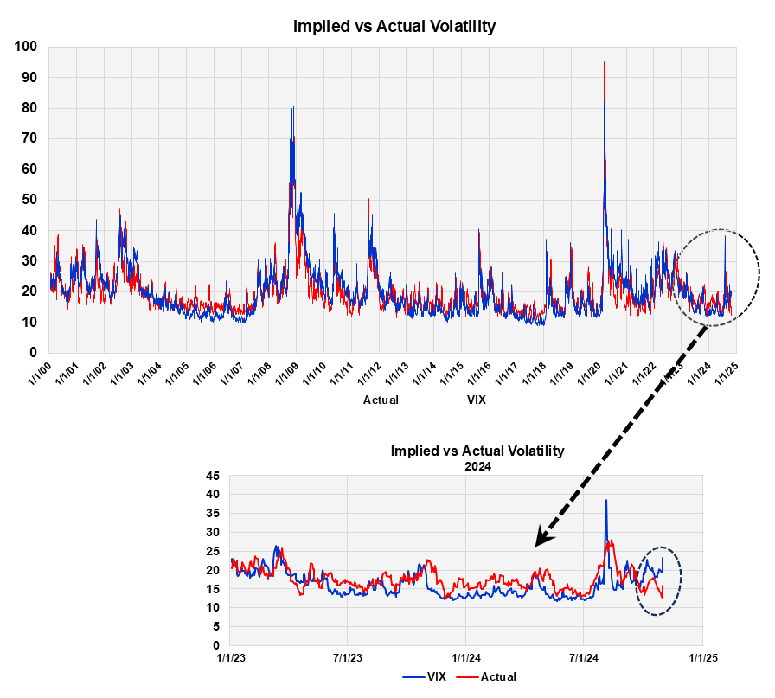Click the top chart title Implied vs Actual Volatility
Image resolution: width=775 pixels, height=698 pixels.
tap(394, 26)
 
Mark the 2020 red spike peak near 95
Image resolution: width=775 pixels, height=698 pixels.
tap(604, 63)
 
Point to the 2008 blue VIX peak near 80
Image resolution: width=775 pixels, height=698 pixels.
tap(293, 107)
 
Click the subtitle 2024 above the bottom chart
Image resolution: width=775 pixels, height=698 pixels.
tap(477, 464)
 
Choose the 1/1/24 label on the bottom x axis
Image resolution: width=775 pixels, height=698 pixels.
tap(465, 658)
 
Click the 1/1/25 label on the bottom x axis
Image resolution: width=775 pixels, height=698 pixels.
tap(702, 658)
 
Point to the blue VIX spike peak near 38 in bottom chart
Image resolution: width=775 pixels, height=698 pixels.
tap(606, 500)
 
